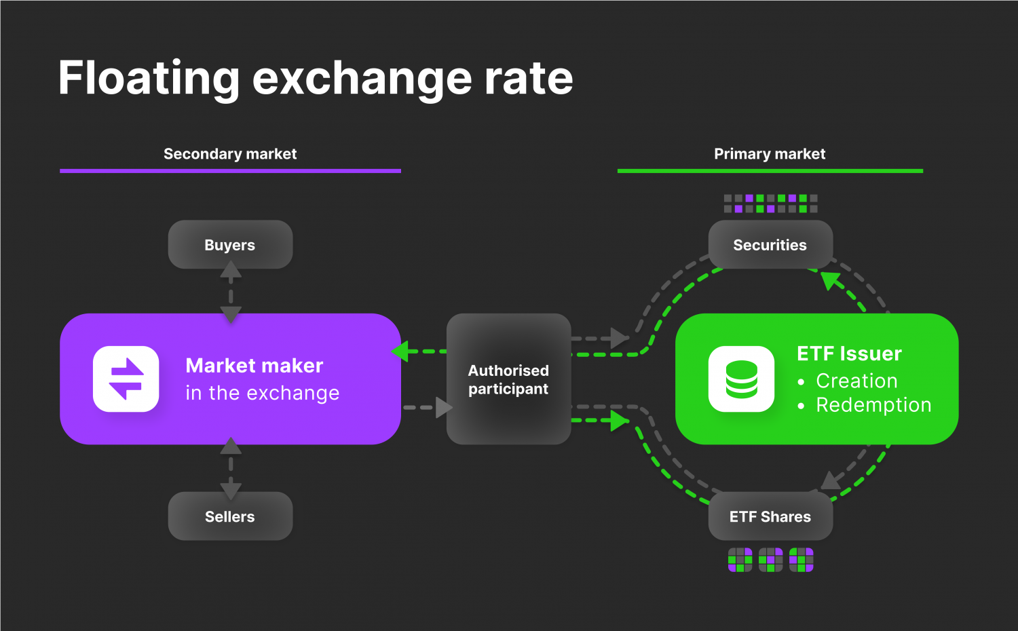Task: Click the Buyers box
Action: point(230,245)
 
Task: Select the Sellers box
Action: point(230,516)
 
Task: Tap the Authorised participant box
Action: point(508,379)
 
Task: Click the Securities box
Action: point(770,245)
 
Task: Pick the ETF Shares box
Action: point(770,516)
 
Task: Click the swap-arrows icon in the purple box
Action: point(126,379)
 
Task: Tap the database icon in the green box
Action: point(741,379)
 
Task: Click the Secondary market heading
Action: point(230,154)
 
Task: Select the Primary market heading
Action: point(770,154)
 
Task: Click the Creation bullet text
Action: point(856,381)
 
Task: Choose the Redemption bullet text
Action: point(873,405)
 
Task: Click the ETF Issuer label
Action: point(849,353)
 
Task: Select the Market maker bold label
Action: point(254,366)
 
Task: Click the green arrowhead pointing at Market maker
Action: point(400,351)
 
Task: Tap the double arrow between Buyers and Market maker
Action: point(231,292)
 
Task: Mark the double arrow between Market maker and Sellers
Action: point(231,468)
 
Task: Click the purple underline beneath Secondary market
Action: point(230,171)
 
